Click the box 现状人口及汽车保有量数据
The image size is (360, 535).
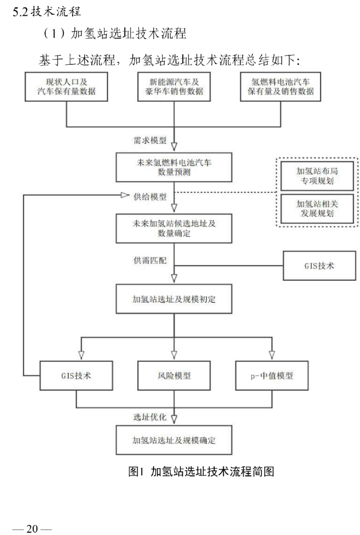tap(67, 87)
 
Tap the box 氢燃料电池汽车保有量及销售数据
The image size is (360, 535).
tap(282, 87)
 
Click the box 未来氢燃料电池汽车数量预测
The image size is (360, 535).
tap(173, 167)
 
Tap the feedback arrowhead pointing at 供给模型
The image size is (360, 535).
tap(125, 196)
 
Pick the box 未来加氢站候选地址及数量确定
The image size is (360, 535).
tap(173, 227)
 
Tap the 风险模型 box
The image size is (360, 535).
tap(173, 375)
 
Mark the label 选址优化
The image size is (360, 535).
tap(150, 417)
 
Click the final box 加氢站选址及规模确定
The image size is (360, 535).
tap(173, 440)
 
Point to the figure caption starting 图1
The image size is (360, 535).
tap(201, 471)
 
